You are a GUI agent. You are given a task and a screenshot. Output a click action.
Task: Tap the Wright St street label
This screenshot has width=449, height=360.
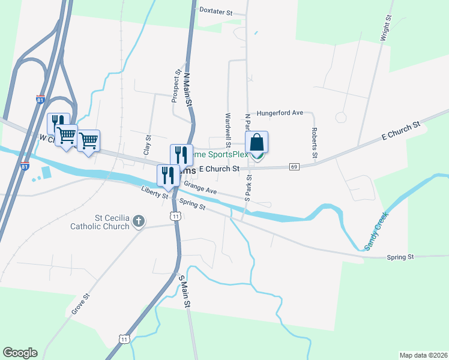pyautogui.click(x=385, y=28)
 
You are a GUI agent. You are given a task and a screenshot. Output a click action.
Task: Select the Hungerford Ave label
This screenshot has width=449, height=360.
pyautogui.click(x=285, y=113)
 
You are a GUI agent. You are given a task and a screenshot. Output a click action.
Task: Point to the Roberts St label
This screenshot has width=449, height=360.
pyautogui.click(x=314, y=142)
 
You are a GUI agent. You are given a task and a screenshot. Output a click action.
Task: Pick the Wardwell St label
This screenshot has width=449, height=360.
pyautogui.click(x=228, y=130)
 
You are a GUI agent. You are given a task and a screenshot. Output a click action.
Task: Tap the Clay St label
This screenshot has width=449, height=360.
pyautogui.click(x=146, y=145)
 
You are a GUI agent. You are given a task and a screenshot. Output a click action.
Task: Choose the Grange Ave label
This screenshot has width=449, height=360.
pyautogui.click(x=200, y=188)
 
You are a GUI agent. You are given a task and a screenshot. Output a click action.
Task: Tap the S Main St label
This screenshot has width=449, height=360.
pyautogui.click(x=185, y=292)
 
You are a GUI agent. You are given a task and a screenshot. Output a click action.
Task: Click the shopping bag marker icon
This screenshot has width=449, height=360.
pyautogui.click(x=256, y=143)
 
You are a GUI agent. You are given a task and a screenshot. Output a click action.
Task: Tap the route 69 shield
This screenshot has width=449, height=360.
pyautogui.click(x=294, y=166)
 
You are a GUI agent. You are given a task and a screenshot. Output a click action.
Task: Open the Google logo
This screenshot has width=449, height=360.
pyautogui.click(x=20, y=353)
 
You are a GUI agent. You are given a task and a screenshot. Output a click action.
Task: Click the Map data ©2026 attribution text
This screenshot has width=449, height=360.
pyautogui.click(x=423, y=355)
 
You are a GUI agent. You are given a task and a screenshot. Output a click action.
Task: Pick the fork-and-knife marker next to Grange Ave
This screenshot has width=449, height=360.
pyautogui.click(x=167, y=175)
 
